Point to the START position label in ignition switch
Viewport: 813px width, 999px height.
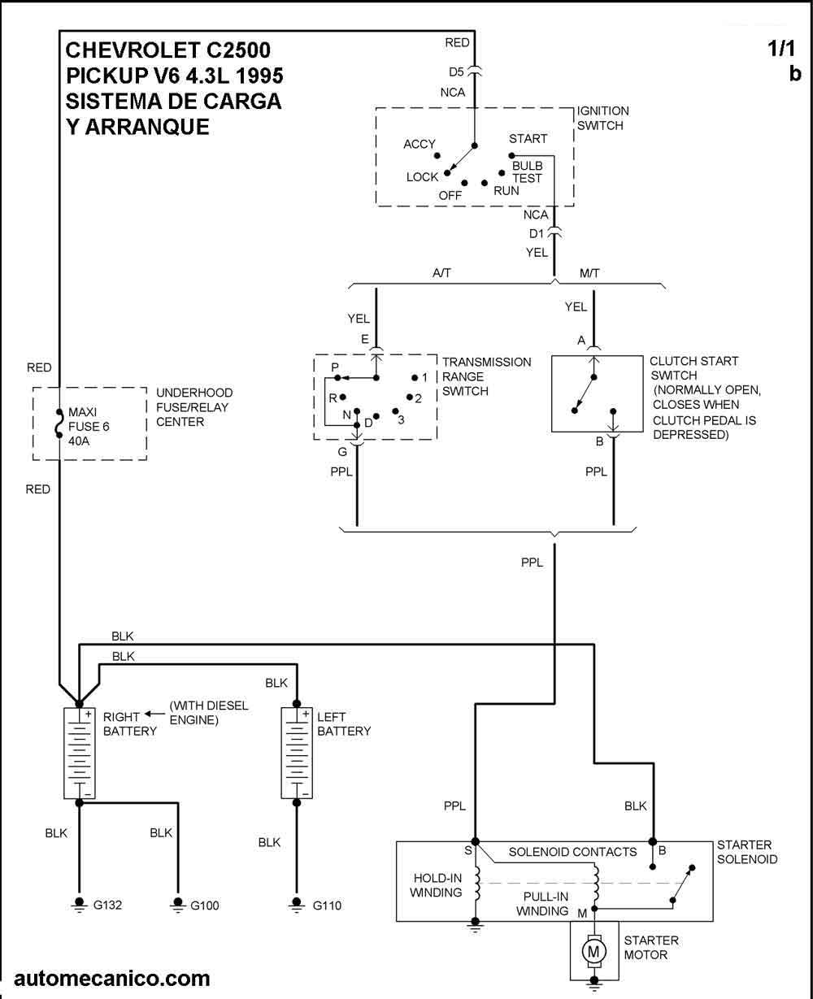click(528, 139)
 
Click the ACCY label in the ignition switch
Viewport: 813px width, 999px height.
click(420, 145)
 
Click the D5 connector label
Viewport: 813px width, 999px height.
click(456, 70)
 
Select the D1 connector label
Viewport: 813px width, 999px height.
click(537, 233)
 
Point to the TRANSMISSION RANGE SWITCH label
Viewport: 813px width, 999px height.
click(486, 376)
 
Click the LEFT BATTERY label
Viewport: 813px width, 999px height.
click(343, 724)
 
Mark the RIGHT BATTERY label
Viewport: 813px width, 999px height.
click(128, 724)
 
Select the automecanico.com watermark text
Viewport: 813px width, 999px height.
click(111, 979)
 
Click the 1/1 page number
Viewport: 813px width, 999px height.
click(781, 49)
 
